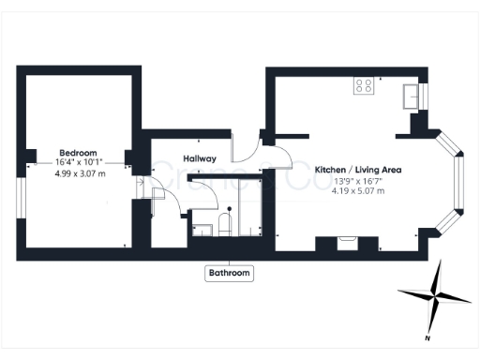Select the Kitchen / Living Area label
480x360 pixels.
click(x=358, y=170)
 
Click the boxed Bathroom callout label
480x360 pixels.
click(x=229, y=273)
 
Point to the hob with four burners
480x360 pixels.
click(x=364, y=86)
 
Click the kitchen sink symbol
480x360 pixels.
click(x=410, y=94)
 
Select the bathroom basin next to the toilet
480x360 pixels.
click(x=201, y=228)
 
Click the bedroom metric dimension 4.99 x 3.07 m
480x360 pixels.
click(x=80, y=174)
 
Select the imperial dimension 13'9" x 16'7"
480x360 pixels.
click(x=357, y=181)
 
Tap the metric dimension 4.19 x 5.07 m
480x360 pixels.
click(x=357, y=192)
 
